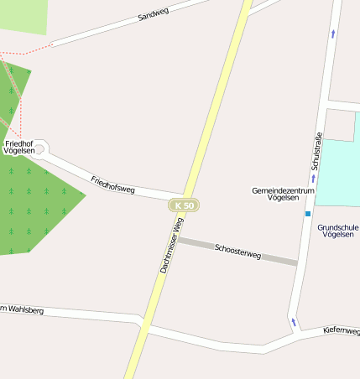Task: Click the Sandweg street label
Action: coord(154,14)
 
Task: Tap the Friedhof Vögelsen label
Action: coord(24,148)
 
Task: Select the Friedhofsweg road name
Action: coord(112,184)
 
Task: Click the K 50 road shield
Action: coord(183,205)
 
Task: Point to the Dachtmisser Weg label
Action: coord(171,245)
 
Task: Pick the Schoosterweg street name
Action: coord(238,250)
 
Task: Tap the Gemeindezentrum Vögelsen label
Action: coord(283,195)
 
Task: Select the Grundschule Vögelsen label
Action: coord(338,231)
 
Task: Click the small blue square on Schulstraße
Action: coord(308,214)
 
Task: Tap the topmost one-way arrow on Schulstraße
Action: coord(333,34)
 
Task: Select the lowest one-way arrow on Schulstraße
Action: coord(294,321)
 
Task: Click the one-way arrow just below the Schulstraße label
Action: coord(313,179)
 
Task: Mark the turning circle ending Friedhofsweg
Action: coord(41,149)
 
